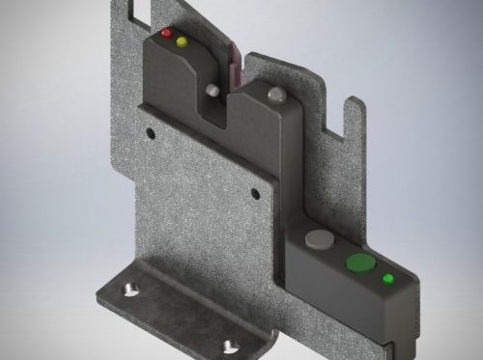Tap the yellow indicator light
click(181, 42)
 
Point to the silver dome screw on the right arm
click(277, 95)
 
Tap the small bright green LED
click(388, 279)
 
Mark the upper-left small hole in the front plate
click(149, 132)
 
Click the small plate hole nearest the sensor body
click(255, 194)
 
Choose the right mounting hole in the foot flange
click(229, 344)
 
